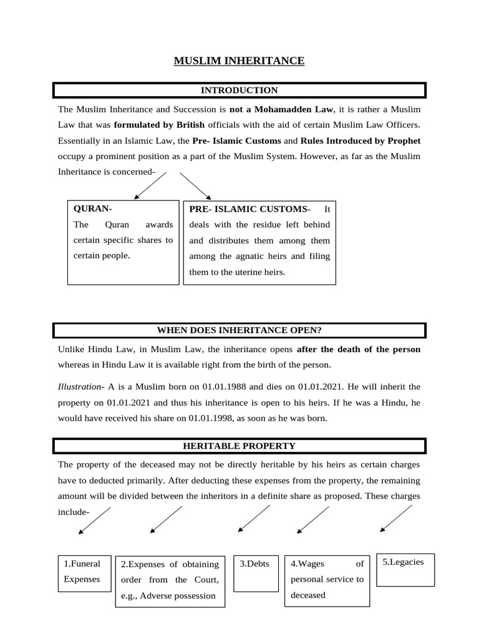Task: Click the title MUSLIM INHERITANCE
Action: point(239,61)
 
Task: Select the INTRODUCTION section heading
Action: point(239,90)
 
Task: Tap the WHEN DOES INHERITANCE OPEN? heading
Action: point(239,330)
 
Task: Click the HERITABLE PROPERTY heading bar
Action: point(239,446)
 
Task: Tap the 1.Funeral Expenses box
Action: point(84,572)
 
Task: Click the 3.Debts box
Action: point(255,572)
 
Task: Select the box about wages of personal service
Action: point(327,580)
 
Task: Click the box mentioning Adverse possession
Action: point(170,580)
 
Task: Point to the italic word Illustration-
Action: point(81,387)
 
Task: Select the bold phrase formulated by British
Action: point(159,124)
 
